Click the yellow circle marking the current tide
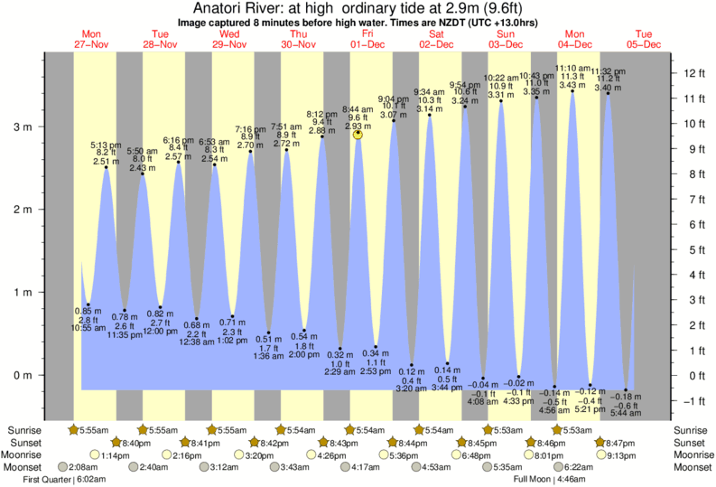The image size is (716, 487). (x=358, y=134)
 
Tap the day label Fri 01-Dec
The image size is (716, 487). (x=367, y=39)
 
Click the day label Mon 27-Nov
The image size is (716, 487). (x=90, y=39)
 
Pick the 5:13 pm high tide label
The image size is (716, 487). (x=106, y=145)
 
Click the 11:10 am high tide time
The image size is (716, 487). (x=572, y=68)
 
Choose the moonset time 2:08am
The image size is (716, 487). (x=83, y=467)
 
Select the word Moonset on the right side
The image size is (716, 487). (x=693, y=467)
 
